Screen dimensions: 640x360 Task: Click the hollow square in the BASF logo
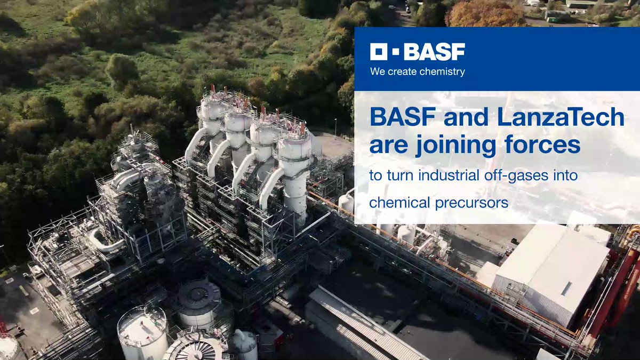pos(379,52)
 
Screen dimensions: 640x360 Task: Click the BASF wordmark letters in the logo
pos(435,52)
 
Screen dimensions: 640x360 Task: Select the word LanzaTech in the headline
pos(561,117)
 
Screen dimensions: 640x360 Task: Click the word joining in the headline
pos(455,146)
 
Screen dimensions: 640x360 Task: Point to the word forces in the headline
pos(542,145)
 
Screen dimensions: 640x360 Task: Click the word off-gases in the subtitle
pos(516,175)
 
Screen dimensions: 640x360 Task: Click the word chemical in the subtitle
pos(399,203)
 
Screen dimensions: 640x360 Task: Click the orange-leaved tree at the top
pos(485,14)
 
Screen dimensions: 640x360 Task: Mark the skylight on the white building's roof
pos(566,289)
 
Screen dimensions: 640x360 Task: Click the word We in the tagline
pos(378,71)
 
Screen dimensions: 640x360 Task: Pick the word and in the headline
pos(466,117)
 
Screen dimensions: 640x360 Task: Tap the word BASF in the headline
pos(403,117)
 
